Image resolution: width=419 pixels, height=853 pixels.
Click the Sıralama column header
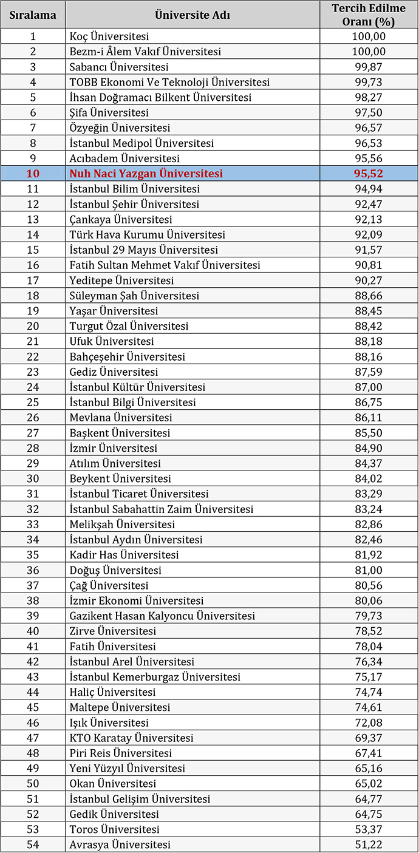[x=33, y=15]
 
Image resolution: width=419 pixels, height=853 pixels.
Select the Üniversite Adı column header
[x=192, y=15]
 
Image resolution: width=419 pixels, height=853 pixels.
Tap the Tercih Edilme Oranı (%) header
[x=369, y=15]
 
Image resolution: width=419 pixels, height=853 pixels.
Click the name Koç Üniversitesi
[x=109, y=36]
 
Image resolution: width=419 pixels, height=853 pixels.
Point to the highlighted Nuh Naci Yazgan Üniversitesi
[x=146, y=174]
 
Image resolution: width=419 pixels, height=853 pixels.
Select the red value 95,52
[x=369, y=174]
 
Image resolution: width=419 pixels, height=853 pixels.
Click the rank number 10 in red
[x=33, y=174]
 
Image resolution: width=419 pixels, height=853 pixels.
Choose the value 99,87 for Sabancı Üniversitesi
[x=369, y=67]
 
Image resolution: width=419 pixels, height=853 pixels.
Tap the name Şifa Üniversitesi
[x=109, y=112]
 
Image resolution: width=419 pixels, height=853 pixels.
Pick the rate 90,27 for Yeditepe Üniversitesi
[x=369, y=280]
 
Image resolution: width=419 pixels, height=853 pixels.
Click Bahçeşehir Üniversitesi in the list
[x=128, y=357]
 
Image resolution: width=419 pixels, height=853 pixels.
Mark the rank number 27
[x=33, y=433]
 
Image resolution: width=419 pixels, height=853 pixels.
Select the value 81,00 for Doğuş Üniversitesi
[x=369, y=570]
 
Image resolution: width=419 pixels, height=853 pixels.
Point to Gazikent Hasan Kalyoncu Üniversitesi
[x=162, y=616]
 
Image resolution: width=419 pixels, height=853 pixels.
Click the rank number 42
[x=33, y=662]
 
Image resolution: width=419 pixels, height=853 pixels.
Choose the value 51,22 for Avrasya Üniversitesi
[x=369, y=845]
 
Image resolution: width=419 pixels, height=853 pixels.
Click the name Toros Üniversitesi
[x=115, y=829]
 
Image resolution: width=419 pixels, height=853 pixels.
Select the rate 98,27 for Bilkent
[x=369, y=97]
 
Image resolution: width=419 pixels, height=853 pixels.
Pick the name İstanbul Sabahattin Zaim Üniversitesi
[x=162, y=509]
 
